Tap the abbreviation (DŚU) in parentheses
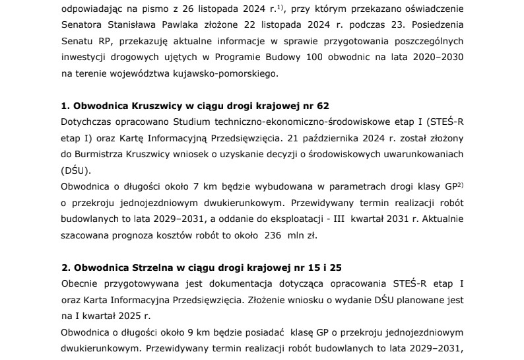(x=73, y=170)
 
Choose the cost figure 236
(x=273, y=233)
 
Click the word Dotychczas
(x=86, y=122)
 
